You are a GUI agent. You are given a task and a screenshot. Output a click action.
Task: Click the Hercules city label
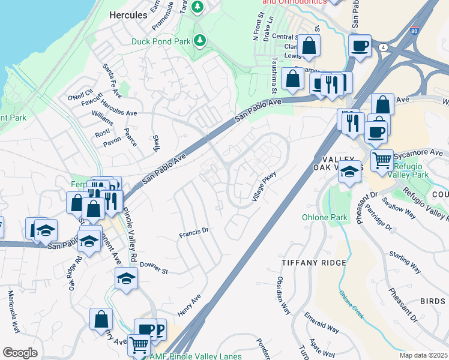pos(128,15)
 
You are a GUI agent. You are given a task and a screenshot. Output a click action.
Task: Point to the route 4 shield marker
pos(382,46)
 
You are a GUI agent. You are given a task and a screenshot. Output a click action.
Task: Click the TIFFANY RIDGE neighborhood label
pos(314,263)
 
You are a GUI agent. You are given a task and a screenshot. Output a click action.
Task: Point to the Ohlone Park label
pos(322,217)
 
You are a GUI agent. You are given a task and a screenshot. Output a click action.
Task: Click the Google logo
pos(20,353)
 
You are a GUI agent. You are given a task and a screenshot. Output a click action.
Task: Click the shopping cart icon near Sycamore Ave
pos(382,159)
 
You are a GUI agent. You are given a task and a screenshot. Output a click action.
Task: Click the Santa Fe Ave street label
pos(112,81)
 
